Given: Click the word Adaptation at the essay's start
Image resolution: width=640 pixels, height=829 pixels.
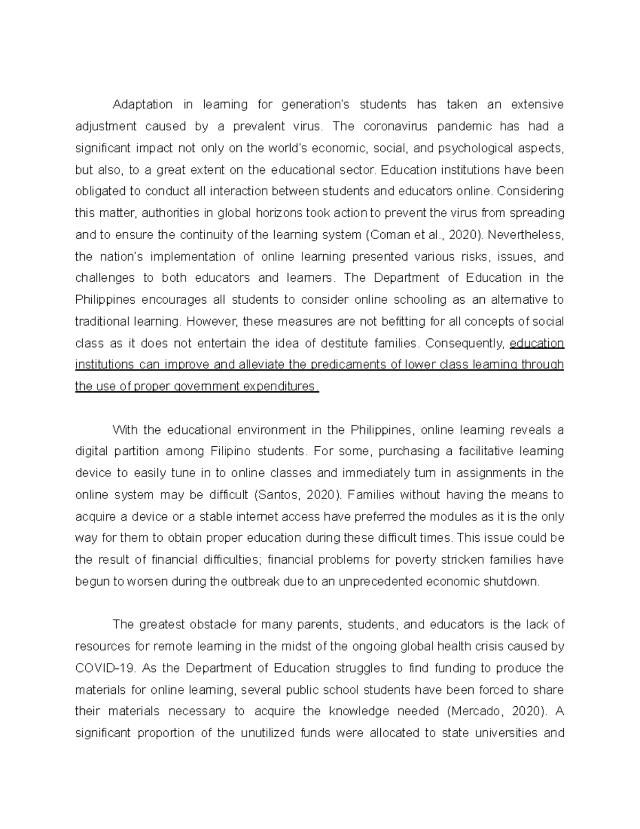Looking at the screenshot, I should (142, 104).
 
